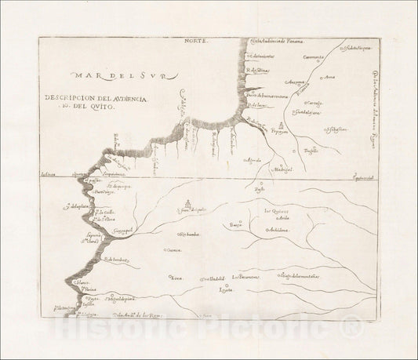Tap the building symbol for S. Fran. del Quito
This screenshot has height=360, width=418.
pyautogui.click(x=188, y=202)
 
